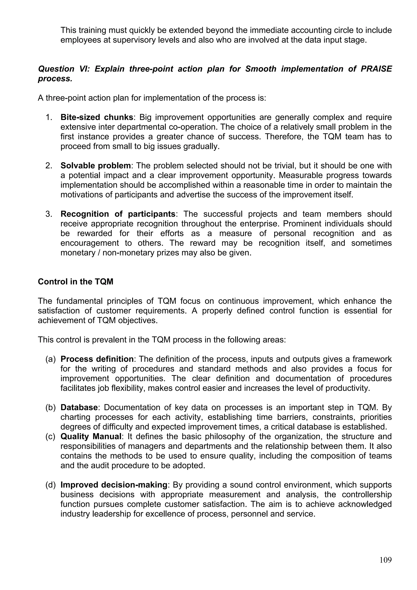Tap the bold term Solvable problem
(95, 165)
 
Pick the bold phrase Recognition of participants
(118, 214)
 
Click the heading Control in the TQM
(76, 282)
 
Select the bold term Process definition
(97, 359)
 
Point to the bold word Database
(79, 407)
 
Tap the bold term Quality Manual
(91, 436)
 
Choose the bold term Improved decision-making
(114, 485)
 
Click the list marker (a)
(50, 359)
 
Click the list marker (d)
(50, 485)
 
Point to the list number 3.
(49, 214)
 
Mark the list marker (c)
(50, 436)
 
